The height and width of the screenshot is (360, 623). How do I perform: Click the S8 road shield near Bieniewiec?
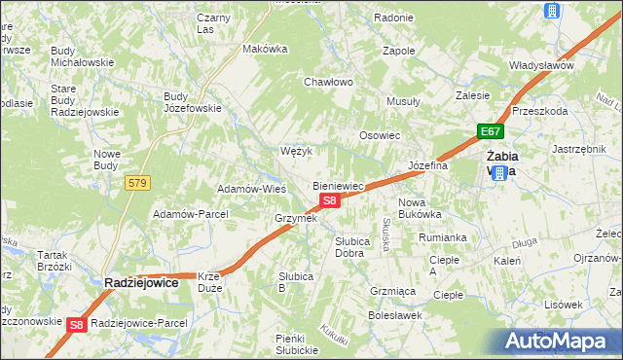(x=329, y=200)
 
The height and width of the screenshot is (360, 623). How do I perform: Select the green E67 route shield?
(x=490, y=131)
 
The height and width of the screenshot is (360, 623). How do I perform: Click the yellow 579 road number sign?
(x=137, y=182)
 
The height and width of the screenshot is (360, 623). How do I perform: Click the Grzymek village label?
(x=296, y=218)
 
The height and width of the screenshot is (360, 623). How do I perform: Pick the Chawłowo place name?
(x=327, y=82)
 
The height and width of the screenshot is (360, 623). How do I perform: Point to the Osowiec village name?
(x=380, y=135)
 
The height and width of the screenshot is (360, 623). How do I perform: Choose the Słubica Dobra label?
(x=349, y=246)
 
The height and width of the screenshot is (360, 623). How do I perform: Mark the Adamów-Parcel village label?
(x=191, y=213)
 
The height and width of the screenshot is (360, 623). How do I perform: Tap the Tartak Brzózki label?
(x=55, y=260)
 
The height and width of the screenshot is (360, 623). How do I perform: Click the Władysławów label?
(x=541, y=65)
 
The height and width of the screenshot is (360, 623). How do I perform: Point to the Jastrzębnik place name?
(x=579, y=149)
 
